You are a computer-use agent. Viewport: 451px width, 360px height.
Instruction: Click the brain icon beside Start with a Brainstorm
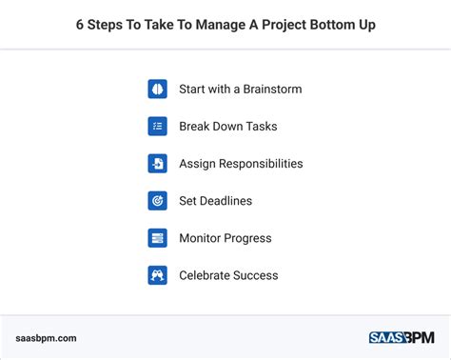coord(157,89)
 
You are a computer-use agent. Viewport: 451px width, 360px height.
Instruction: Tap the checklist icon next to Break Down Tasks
coord(157,126)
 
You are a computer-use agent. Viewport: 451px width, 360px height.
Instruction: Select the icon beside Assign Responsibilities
coord(157,163)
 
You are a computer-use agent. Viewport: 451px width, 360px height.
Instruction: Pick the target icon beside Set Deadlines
coord(157,201)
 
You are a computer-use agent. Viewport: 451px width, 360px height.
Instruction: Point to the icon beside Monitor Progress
coord(157,238)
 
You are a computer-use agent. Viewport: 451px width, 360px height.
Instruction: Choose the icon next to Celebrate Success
coord(157,275)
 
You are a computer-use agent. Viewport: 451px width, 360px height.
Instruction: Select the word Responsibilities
coord(260,164)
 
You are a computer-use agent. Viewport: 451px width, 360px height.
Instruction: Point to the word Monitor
coord(201,238)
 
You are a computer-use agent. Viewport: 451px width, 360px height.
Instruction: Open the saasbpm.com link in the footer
coord(47,337)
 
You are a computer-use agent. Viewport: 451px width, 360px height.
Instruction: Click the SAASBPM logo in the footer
coord(402,337)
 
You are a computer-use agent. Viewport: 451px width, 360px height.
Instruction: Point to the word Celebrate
coord(205,275)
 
